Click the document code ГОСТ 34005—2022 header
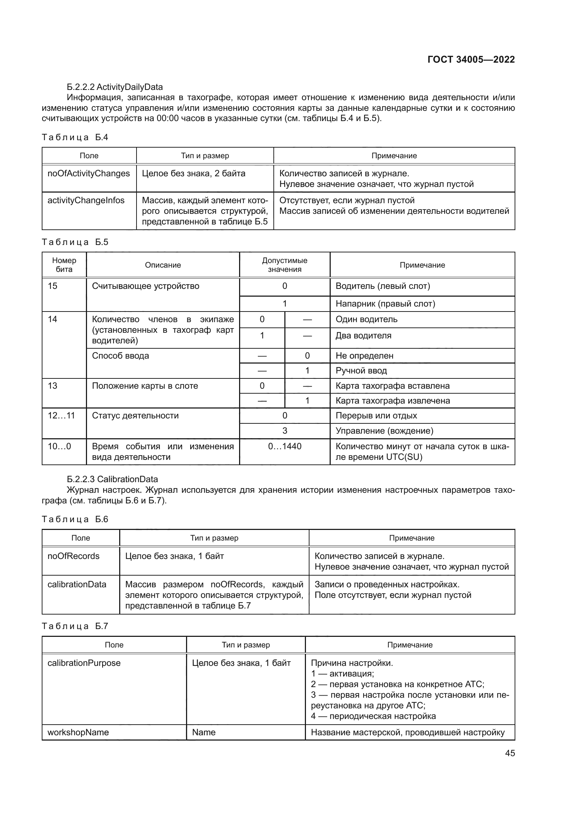(x=471, y=59)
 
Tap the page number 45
(x=510, y=753)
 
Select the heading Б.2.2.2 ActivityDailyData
(x=115, y=87)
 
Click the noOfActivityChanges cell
(x=89, y=173)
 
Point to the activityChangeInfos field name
(x=86, y=200)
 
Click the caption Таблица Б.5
(x=75, y=242)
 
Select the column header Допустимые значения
(x=284, y=265)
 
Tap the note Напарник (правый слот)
(x=385, y=304)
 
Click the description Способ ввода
(x=120, y=355)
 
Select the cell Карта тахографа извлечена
(x=392, y=401)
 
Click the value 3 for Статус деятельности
(x=285, y=430)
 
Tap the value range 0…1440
(x=285, y=446)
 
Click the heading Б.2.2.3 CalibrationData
(x=112, y=479)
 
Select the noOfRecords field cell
(x=74, y=556)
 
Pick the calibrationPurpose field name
(x=84, y=663)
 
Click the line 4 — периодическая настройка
(x=373, y=716)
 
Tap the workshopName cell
(x=78, y=732)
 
